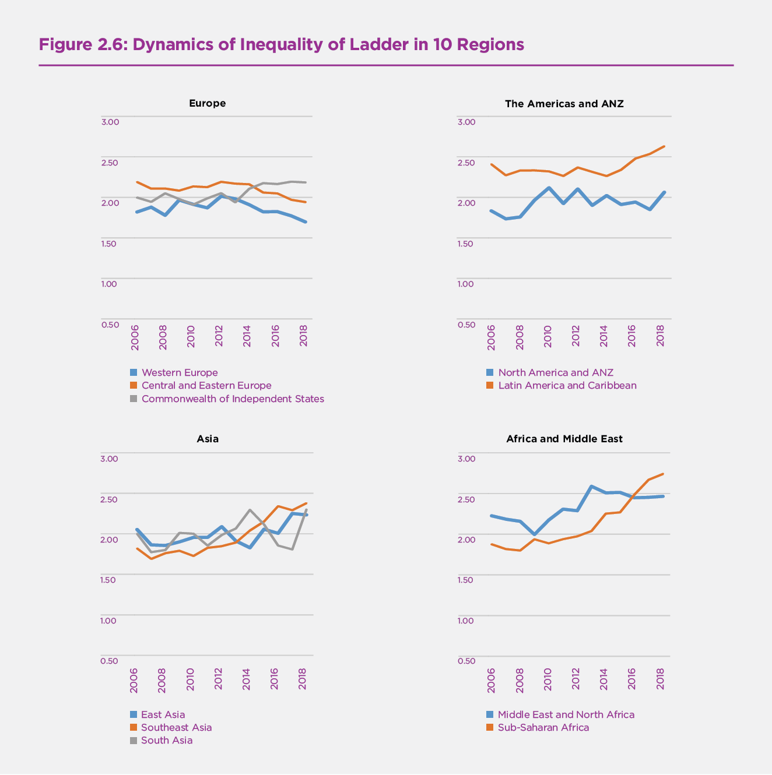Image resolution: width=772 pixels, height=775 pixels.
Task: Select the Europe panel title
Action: point(207,103)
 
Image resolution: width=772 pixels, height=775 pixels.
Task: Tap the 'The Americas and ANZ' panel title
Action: point(564,104)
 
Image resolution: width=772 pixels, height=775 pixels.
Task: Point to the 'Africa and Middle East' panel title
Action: point(564,439)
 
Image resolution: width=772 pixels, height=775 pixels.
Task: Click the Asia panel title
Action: point(208,439)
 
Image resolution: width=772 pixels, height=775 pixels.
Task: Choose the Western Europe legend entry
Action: point(179,373)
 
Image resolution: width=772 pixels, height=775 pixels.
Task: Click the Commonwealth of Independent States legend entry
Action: point(232,399)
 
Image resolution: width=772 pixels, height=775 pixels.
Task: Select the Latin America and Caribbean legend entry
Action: point(567,386)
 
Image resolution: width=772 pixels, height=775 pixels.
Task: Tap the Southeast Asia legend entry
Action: point(176,728)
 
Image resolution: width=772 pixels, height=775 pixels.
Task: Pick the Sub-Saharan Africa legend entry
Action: point(543,728)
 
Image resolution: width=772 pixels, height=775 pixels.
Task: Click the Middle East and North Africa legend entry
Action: point(566,715)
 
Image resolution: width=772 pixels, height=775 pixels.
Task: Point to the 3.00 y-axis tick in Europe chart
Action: point(110,122)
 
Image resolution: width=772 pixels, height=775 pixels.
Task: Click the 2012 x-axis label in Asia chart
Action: point(219,679)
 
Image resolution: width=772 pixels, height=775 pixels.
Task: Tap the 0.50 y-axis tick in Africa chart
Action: point(466,661)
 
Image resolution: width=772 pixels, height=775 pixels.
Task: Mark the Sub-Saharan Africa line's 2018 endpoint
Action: point(663,474)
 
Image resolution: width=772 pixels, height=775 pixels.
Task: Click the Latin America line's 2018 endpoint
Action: point(664,146)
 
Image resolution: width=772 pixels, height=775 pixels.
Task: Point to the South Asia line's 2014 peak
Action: point(250,510)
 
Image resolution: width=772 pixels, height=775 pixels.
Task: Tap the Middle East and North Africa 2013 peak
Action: point(592,486)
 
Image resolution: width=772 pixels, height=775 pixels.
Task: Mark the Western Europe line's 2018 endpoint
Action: point(306,222)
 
